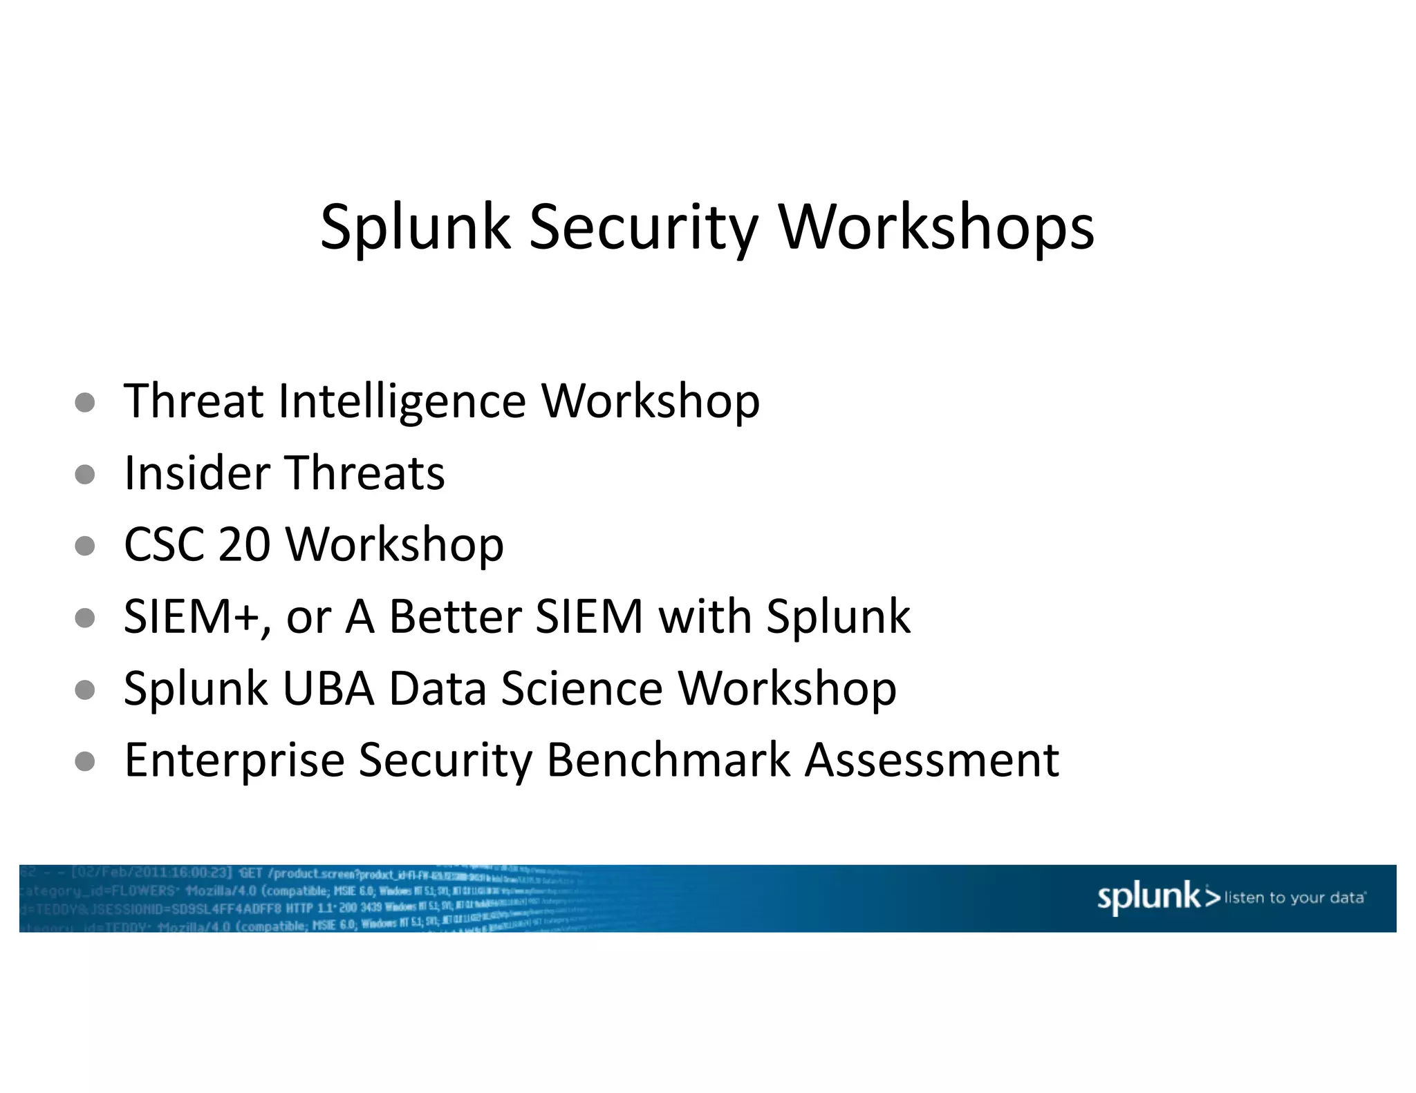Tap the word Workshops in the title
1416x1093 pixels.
pos(937,228)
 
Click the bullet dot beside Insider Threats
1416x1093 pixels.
pos(85,475)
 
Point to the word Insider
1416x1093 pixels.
pos(197,474)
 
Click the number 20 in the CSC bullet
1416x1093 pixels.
pos(244,545)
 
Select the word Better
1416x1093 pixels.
pos(455,617)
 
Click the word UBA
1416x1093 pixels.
pos(328,689)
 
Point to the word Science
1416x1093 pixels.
pos(581,689)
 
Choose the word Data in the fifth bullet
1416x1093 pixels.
pos(438,689)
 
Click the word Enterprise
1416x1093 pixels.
pos(234,761)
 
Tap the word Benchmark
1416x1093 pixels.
pos(668,761)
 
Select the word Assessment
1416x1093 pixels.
pos(932,761)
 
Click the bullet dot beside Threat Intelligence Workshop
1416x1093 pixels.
pos(85,403)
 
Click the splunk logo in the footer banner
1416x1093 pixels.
pos(1158,897)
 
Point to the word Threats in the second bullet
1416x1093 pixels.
pos(365,474)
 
